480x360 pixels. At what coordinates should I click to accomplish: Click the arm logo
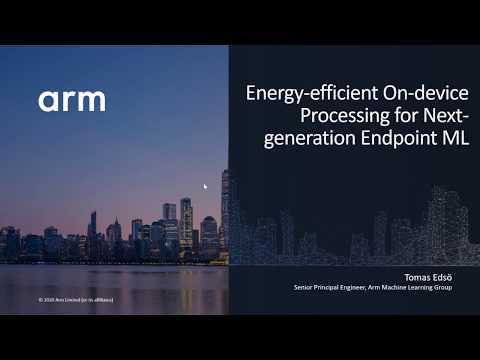pos(72,100)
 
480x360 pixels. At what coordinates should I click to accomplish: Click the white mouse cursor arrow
pos(206,186)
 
